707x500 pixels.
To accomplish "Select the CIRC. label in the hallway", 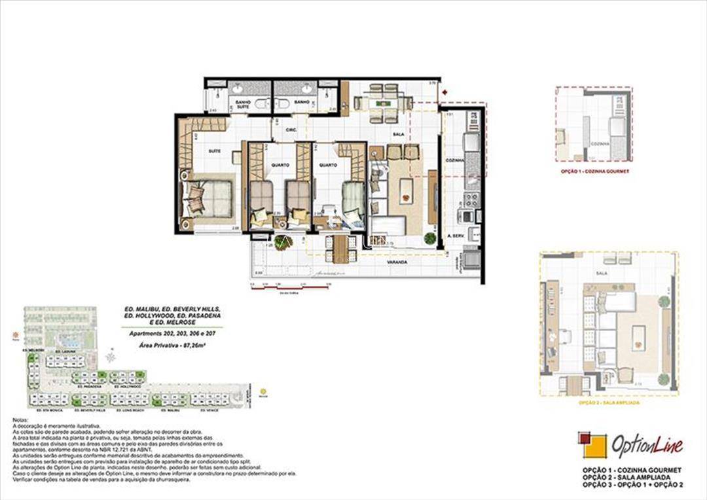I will tap(292, 130).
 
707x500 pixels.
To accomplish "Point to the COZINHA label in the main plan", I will tap(454, 160).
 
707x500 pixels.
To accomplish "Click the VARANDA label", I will tap(397, 262).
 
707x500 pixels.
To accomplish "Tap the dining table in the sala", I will tap(383, 103).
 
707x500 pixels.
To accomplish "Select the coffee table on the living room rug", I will tap(406, 191).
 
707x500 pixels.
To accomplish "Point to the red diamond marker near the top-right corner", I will tap(444, 92).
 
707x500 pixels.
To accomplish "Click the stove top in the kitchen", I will tap(471, 199).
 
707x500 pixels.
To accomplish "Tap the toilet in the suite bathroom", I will tap(259, 103).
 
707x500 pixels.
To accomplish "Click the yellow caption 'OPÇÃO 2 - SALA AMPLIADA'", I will tap(609, 403).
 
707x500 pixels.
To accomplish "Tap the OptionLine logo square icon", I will tap(592, 445).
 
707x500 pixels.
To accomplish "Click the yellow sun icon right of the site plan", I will tap(263, 392).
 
